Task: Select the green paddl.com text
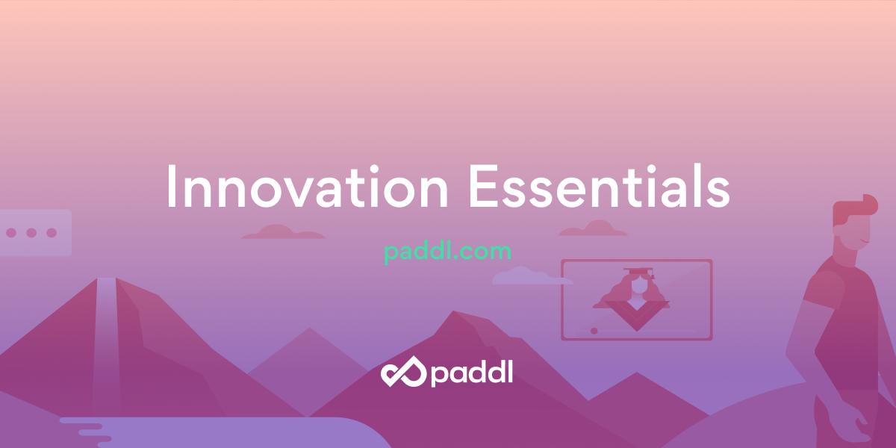[x=447, y=252]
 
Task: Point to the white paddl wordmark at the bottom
[x=471, y=372]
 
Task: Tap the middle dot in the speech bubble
[x=31, y=233]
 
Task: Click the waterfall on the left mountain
[x=106, y=336]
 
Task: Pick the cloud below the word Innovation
[x=283, y=232]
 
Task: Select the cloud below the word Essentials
[x=594, y=228]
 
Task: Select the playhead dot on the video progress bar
[x=594, y=330]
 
